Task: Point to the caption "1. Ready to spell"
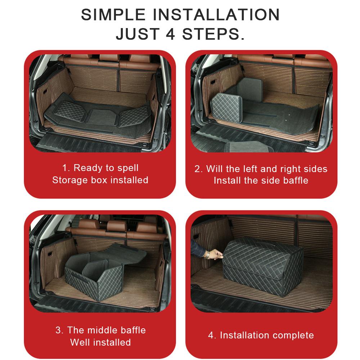[x=100, y=168]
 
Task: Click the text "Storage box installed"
[x=100, y=180]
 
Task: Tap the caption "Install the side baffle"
[x=261, y=180]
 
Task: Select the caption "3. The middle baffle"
[x=100, y=330]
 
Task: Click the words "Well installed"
[x=100, y=342]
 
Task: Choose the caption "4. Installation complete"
[x=261, y=335]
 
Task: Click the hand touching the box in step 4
[x=216, y=254]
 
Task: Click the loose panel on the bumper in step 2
[x=238, y=146]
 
